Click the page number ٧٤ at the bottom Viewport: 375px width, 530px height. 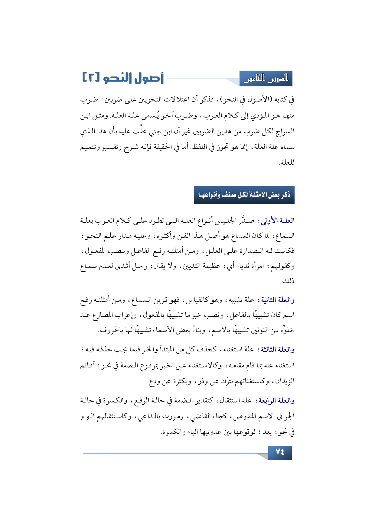click(280, 452)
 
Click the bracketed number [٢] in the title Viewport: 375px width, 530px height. click(91, 78)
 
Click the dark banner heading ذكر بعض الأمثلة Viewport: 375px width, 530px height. click(244, 195)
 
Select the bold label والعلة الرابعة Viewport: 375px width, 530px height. click(275, 401)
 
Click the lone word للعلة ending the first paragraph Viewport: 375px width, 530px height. click(287, 163)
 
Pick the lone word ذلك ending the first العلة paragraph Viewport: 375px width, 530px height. click(287, 281)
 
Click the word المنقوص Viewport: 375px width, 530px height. click(247, 416)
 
